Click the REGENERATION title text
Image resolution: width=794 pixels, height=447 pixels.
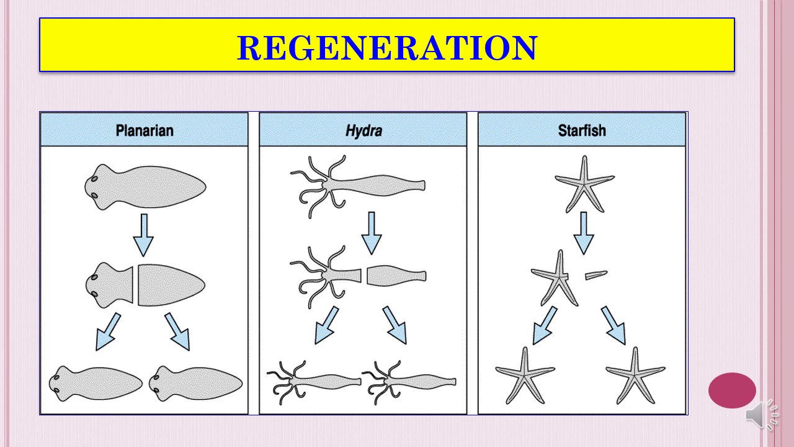386,48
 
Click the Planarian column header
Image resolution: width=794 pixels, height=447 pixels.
144,130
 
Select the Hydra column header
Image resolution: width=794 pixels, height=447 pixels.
363,130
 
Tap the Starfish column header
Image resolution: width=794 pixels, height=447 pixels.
582,130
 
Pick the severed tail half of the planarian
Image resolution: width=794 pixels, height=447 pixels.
170,285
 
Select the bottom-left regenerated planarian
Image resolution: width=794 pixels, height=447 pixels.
96,382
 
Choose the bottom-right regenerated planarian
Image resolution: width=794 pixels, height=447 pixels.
195,382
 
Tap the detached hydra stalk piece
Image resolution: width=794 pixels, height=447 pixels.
396,276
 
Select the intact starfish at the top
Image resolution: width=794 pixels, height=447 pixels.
584,184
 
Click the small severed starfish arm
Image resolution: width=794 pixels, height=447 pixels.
595,275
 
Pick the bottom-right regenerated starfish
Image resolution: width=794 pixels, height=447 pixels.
635,375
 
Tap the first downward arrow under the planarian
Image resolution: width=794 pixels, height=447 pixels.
144,235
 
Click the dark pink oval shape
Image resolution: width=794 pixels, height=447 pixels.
732,391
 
